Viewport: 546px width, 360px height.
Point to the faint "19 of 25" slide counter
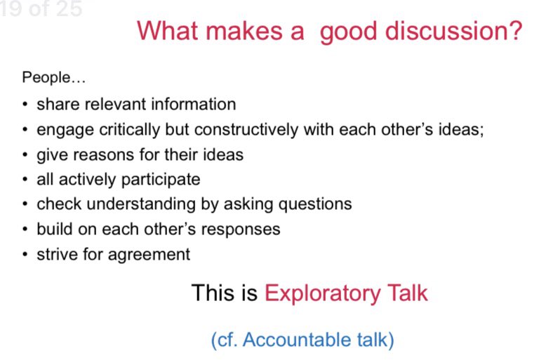(x=42, y=9)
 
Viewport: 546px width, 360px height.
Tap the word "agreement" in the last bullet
(x=154, y=254)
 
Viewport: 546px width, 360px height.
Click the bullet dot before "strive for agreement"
(x=25, y=255)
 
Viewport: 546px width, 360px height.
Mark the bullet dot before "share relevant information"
(x=25, y=105)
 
